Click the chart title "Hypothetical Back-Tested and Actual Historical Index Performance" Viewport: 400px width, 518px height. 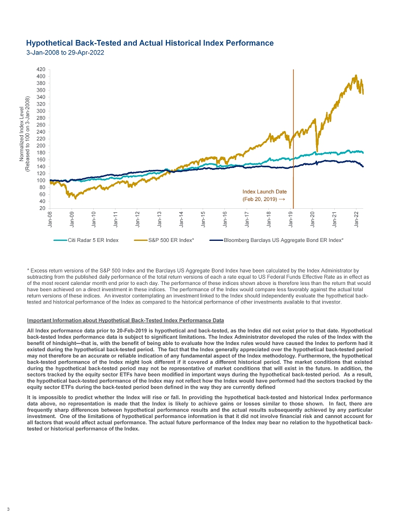[150, 42]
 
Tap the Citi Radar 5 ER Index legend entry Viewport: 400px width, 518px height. [93, 241]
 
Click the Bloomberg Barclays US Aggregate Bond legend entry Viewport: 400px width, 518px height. [283, 241]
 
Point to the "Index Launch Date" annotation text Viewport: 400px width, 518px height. [264, 191]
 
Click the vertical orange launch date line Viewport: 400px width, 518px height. [293, 129]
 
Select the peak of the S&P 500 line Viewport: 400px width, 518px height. [355, 76]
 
